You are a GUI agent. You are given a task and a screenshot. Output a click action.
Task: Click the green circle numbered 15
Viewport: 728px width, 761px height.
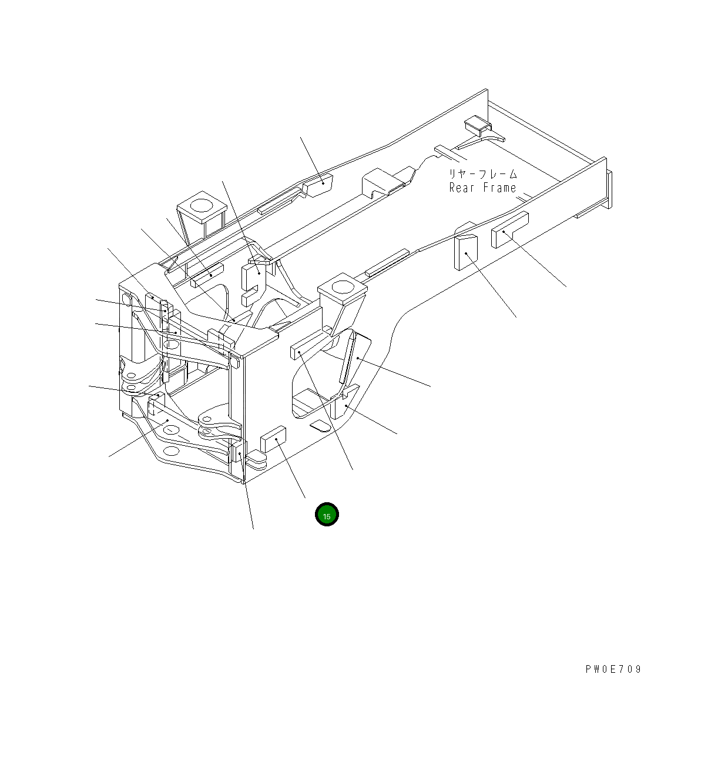pyautogui.click(x=327, y=515)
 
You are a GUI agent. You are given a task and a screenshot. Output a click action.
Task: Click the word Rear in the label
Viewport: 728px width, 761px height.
pyautogui.click(x=461, y=188)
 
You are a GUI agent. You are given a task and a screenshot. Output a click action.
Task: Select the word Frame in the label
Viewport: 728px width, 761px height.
pyautogui.click(x=499, y=188)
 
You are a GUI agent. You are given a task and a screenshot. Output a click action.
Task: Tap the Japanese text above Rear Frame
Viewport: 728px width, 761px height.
pyautogui.click(x=483, y=174)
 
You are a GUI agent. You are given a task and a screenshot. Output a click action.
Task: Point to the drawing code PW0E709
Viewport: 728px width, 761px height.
pyautogui.click(x=613, y=669)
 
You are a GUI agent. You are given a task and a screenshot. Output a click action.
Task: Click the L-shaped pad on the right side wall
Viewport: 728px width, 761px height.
pyautogui.click(x=509, y=230)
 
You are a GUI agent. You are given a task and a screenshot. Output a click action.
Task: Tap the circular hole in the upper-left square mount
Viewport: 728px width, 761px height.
pyautogui.click(x=202, y=205)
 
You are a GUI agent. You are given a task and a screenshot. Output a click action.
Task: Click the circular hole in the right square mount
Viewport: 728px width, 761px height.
pyautogui.click(x=341, y=288)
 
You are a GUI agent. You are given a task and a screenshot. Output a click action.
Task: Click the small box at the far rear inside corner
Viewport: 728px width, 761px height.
pyautogui.click(x=477, y=124)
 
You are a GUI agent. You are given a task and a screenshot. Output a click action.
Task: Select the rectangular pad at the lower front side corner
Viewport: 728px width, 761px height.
pyautogui.click(x=273, y=439)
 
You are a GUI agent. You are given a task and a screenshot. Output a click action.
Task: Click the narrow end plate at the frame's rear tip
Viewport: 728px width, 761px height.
pyautogui.click(x=609, y=189)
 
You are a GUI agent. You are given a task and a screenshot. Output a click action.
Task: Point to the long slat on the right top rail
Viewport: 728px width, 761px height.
pyautogui.click(x=387, y=263)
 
